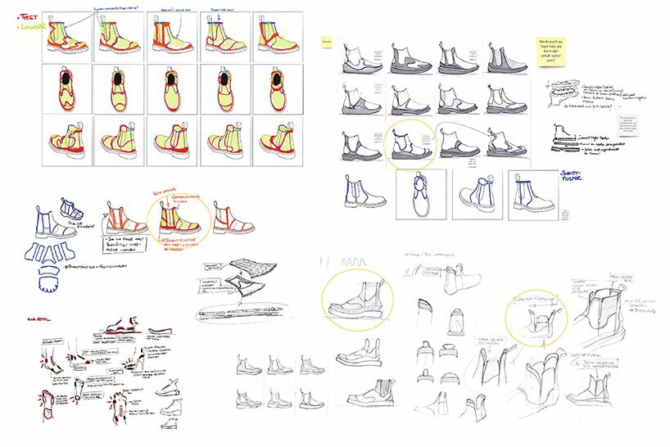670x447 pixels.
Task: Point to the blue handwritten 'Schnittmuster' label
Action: [x=569, y=176]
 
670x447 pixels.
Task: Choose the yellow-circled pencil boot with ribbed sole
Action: [x=358, y=300]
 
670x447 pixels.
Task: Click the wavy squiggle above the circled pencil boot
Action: [x=358, y=264]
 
